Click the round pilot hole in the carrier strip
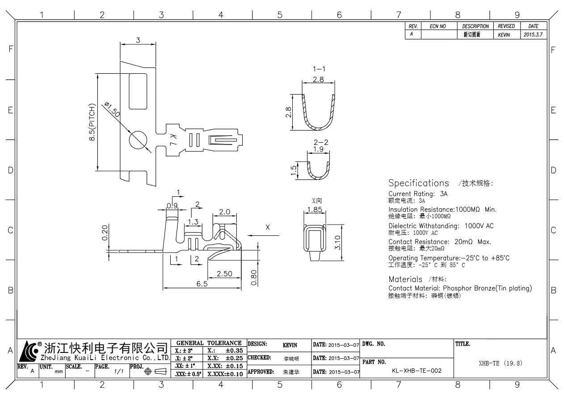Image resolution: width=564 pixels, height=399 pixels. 137,140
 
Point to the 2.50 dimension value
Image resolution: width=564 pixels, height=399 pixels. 224,274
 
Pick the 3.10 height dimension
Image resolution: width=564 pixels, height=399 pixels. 338,242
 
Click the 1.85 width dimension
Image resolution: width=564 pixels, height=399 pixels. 315,209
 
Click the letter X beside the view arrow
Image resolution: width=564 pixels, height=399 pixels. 268,227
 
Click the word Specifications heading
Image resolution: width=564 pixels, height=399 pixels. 419,183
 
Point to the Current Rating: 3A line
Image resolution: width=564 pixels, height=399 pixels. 418,194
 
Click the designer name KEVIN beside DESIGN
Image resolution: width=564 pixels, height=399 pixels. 290,345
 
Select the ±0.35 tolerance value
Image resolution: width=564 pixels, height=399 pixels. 234,350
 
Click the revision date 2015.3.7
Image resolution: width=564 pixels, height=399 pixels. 532,34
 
